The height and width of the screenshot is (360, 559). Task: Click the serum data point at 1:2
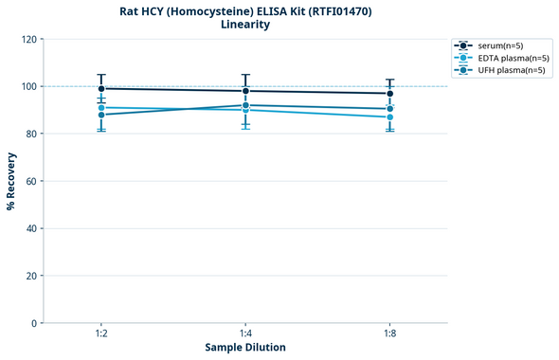coord(101,89)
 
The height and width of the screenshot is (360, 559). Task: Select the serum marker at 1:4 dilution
coord(245,91)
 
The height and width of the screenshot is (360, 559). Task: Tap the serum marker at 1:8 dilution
coord(390,94)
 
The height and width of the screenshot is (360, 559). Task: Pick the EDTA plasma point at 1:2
coord(101,107)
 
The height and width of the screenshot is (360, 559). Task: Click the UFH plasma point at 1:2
coord(101,115)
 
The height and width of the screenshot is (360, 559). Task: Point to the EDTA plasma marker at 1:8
coord(390,117)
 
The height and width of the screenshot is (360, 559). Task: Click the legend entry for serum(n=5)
coord(498,45)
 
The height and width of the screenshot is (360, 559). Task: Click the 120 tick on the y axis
coord(27,39)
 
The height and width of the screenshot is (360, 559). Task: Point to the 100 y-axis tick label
coord(27,86)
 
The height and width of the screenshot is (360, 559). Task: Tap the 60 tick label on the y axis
coord(30,181)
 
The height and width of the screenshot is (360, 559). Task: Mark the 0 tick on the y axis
coord(33,323)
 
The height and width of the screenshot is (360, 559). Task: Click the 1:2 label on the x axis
coord(101,334)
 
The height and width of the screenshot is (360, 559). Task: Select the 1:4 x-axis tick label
coord(245,334)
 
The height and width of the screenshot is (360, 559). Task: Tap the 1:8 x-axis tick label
coord(390,334)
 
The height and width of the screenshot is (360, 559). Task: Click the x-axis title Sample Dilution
coord(245,348)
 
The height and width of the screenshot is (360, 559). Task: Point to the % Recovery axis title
coord(11,181)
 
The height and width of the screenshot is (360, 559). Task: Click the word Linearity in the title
coord(244,25)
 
